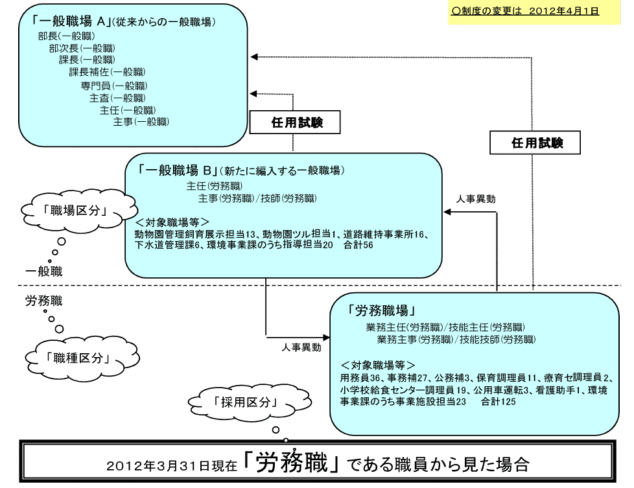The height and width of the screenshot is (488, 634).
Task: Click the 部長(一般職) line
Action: click(x=66, y=36)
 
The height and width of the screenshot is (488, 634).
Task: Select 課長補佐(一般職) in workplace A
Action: click(x=107, y=73)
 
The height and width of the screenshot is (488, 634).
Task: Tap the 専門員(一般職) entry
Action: click(x=114, y=86)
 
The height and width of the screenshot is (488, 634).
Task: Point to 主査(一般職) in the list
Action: click(x=117, y=99)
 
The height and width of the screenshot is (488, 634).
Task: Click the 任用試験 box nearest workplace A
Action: click(x=295, y=122)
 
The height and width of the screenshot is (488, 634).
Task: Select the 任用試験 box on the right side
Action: click(x=535, y=143)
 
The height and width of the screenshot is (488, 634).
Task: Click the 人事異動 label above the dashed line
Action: click(x=476, y=199)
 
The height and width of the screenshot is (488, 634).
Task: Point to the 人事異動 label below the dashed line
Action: click(x=301, y=347)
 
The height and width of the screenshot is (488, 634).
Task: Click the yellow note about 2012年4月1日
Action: click(x=534, y=12)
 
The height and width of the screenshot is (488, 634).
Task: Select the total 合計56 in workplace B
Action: click(x=358, y=245)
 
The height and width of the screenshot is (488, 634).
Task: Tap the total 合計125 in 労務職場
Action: click(x=498, y=402)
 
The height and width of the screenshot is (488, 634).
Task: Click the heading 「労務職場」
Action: click(x=381, y=310)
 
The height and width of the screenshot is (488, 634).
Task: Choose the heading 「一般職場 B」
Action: click(x=178, y=170)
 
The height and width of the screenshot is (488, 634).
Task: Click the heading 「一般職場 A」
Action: click(x=72, y=21)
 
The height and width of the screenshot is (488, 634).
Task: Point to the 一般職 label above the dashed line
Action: click(x=43, y=271)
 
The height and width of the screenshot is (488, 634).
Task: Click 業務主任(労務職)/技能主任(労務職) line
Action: click(x=445, y=327)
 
